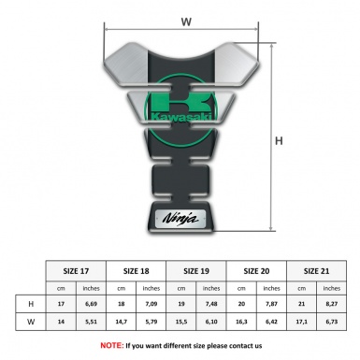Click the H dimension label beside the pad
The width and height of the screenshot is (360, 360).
[278, 141]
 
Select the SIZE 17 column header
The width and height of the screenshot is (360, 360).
[77, 270]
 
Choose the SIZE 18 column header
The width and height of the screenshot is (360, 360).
[137, 270]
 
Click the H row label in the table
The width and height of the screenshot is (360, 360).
[33, 305]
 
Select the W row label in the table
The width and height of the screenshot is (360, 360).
[33, 323]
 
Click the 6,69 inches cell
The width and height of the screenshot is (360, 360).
[93, 305]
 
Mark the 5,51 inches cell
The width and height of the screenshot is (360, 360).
[93, 323]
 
